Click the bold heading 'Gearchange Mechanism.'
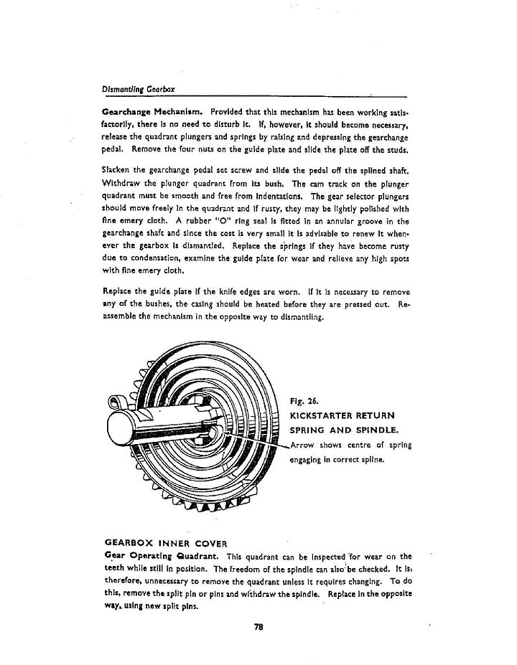tap(148, 112)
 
